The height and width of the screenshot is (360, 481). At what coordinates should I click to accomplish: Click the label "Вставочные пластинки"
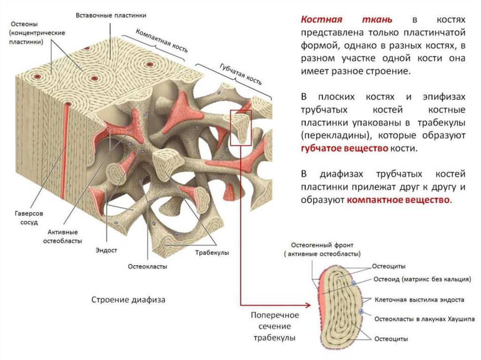pyautogui.click(x=111, y=15)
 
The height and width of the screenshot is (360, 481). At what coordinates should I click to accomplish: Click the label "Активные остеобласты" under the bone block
pyautogui.click(x=62, y=237)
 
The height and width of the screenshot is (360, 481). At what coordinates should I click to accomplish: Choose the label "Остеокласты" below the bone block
pyautogui.click(x=147, y=266)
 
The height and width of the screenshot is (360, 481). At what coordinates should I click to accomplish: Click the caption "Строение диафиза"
pyautogui.click(x=128, y=299)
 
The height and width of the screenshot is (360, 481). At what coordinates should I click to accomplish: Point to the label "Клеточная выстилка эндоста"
pyautogui.click(x=419, y=299)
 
